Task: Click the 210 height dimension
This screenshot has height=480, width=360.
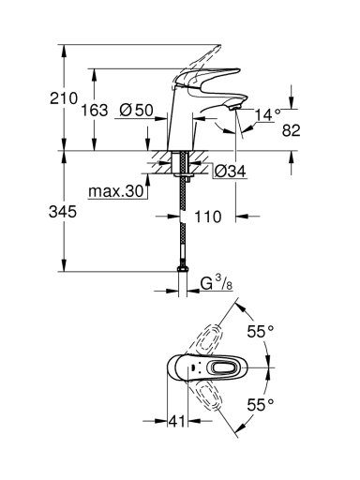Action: [x=64, y=98]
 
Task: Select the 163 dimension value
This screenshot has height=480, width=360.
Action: [x=95, y=111]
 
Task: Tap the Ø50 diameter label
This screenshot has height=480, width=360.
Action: [x=137, y=110]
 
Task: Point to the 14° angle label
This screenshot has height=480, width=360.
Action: [x=268, y=115]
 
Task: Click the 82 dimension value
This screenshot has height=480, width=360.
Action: [x=292, y=130]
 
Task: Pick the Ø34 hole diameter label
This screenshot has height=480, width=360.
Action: [x=231, y=171]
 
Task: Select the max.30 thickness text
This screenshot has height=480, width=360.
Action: [x=115, y=191]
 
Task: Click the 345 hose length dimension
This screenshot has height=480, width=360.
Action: [x=63, y=212]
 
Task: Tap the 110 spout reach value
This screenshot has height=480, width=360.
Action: [x=208, y=217]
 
